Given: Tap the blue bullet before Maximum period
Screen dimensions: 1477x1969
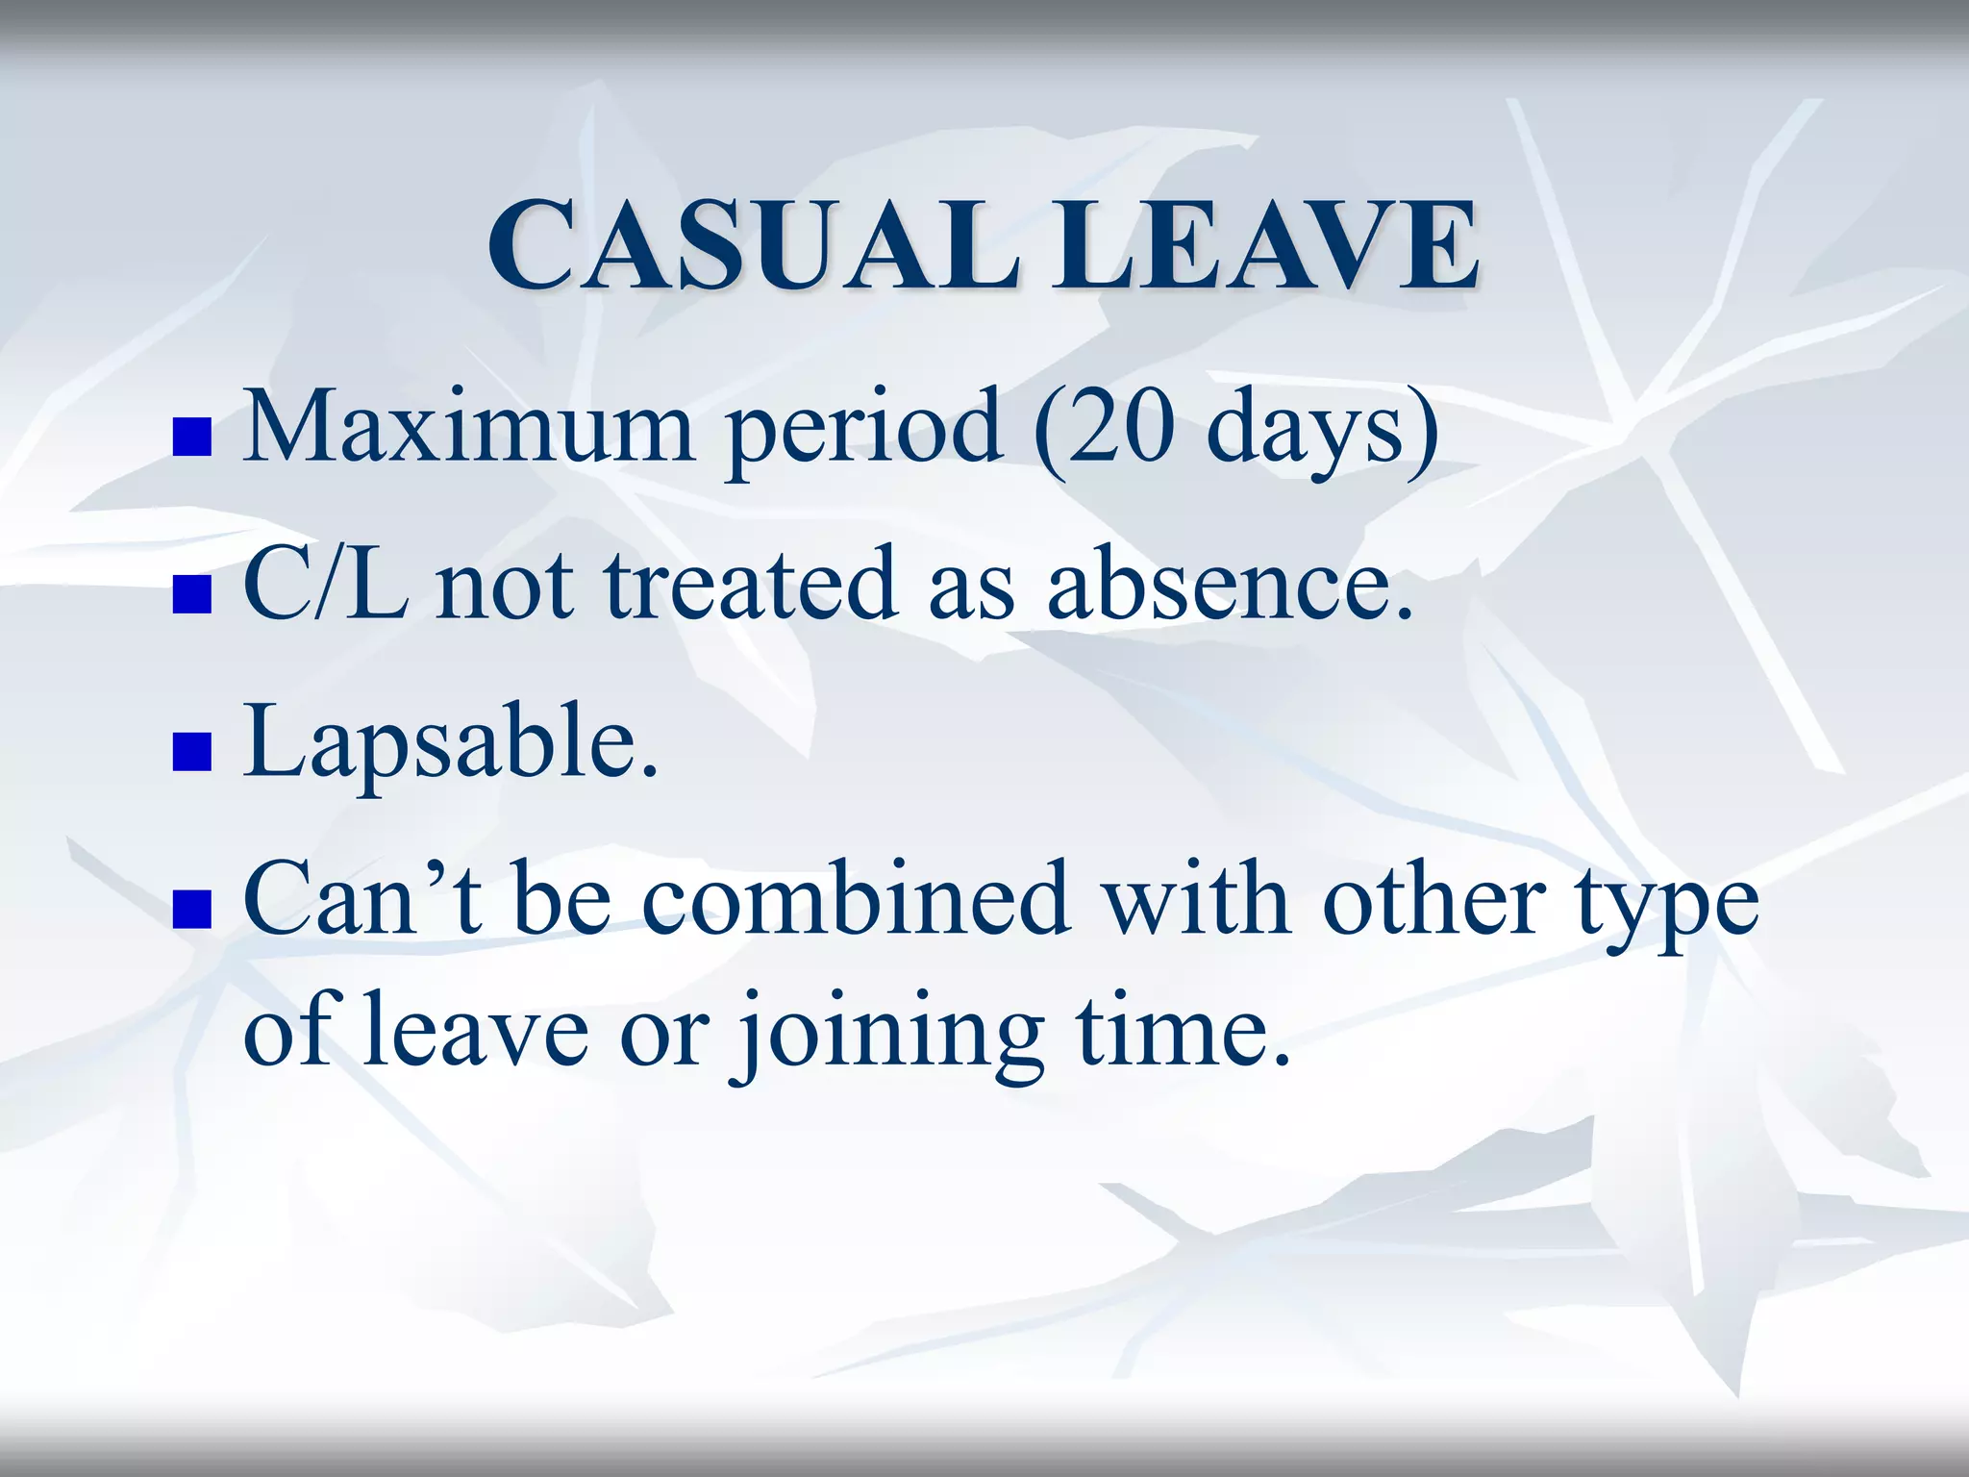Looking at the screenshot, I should click(191, 437).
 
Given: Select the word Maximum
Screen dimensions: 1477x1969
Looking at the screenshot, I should click(468, 426).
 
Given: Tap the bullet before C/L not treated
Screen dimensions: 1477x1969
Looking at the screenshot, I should click(191, 594).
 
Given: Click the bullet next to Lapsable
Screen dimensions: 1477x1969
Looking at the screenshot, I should click(191, 752).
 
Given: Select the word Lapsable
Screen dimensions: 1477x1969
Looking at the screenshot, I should click(450, 743).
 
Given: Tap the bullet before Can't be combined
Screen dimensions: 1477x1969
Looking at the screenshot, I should click(191, 910).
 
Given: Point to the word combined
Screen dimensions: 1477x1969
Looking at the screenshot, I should click(856, 899).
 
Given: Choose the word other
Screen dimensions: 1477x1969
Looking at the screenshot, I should click(1433, 899).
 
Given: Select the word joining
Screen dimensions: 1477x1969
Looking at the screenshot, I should click(890, 1034).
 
